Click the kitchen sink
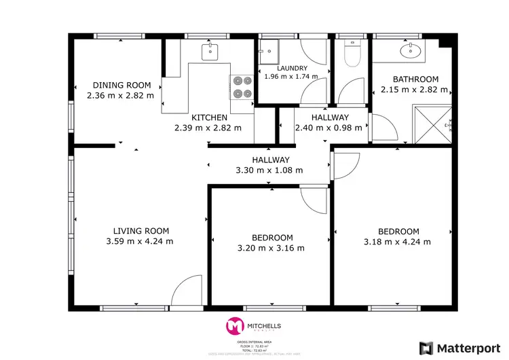(x=210, y=49)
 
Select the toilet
(x=352, y=54)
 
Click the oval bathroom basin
(x=411, y=50)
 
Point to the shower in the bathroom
(x=434, y=124)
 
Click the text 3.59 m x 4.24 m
(x=140, y=241)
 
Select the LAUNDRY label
(x=292, y=69)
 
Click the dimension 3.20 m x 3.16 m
(x=271, y=248)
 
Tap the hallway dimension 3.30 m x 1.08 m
(x=269, y=170)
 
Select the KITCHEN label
(x=208, y=118)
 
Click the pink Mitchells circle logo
(x=235, y=327)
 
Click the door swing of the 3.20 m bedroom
(x=314, y=200)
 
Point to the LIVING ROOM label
(x=140, y=231)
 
